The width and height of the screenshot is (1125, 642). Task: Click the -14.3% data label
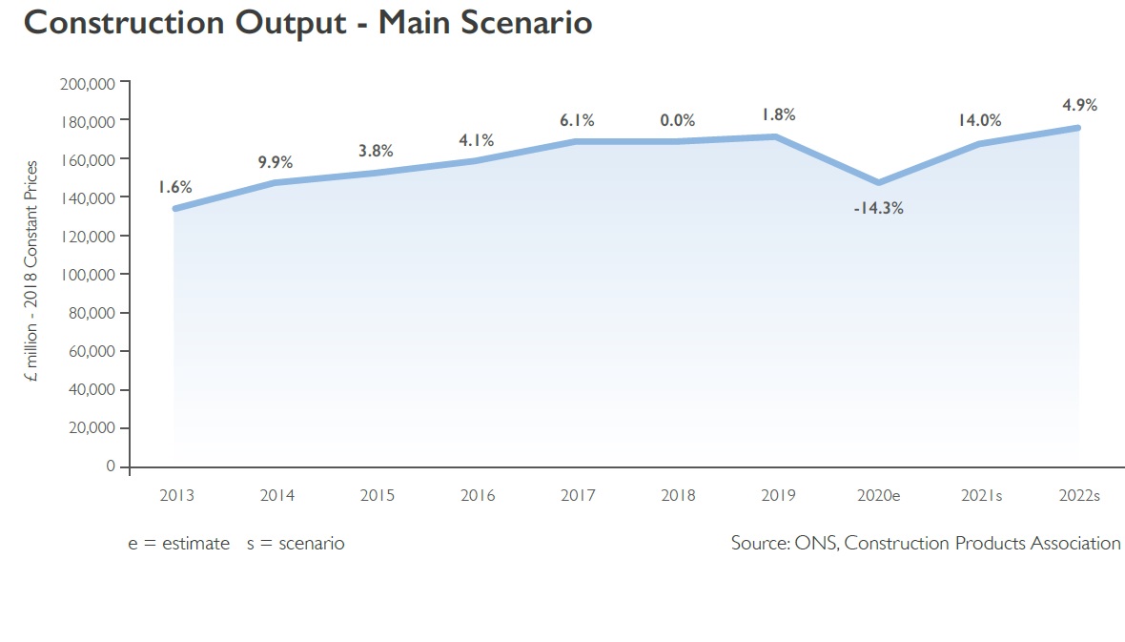[x=878, y=208]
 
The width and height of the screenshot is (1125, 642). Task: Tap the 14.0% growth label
[x=979, y=120]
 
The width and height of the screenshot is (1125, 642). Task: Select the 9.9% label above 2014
[x=276, y=162]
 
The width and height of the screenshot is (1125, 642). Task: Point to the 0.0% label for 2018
[x=677, y=120]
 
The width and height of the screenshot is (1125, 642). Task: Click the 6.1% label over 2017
[x=577, y=120]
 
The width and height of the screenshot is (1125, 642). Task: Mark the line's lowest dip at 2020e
[x=878, y=182]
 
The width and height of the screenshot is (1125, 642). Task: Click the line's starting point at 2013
[x=175, y=208]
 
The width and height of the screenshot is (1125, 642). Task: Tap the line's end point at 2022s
[x=1078, y=128]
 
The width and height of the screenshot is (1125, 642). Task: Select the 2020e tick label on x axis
[x=878, y=495]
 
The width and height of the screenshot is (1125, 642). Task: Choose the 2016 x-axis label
[x=477, y=495]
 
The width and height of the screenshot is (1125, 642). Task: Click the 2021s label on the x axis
[x=979, y=495]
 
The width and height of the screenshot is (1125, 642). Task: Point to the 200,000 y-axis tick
[x=88, y=84]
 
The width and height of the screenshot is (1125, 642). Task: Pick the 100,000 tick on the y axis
[x=88, y=275]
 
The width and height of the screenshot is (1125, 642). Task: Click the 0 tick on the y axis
[x=111, y=466]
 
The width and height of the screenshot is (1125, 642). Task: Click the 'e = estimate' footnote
[x=179, y=543]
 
